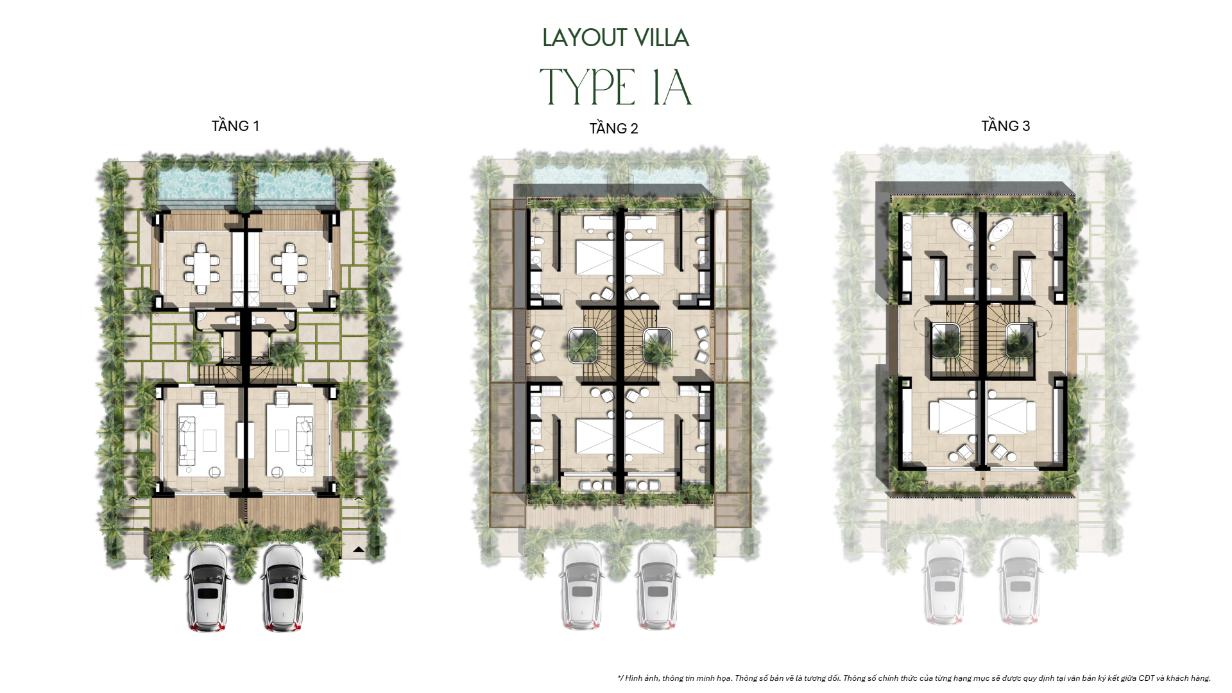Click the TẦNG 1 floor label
pos(235,126)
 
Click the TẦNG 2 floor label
pos(613,128)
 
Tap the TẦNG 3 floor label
pos(1005,126)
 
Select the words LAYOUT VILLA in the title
pos(615,38)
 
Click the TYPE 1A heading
pos(615,87)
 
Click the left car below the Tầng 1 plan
pos(207,587)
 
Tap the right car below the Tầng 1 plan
pos(282,587)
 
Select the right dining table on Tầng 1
pos(290,264)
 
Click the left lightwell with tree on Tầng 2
pos(583,345)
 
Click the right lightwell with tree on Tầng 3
pos(1019,340)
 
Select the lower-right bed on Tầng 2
pos(644,436)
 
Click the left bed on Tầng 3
pos(954,417)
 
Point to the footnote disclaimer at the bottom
pos(914,678)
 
